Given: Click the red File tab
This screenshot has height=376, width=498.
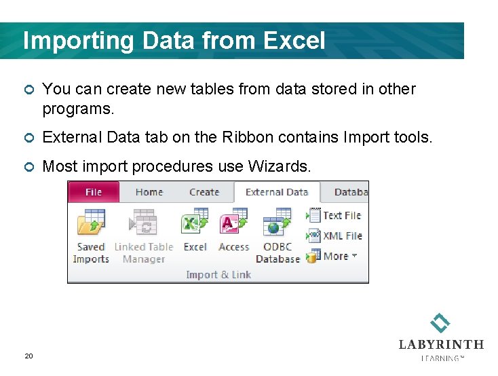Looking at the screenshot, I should [93, 192].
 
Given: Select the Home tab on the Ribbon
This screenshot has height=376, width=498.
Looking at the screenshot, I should [149, 192].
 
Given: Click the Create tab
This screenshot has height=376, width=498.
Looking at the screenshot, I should [204, 192].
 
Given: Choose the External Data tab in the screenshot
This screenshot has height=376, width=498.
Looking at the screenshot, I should [277, 192].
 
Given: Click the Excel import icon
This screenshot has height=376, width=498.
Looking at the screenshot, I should [195, 223].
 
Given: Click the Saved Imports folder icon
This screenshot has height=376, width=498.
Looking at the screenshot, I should [91, 223].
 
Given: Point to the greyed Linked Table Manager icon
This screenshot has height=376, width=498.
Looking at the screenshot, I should [143, 223].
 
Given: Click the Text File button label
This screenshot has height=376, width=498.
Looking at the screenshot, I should [341, 216].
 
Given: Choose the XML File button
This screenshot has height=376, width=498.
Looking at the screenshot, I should [342, 236].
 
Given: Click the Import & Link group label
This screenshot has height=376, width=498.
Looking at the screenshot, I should [218, 275].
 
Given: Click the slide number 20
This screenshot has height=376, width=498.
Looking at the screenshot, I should [28, 356].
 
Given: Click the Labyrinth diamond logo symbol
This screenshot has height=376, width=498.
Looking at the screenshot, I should [440, 323].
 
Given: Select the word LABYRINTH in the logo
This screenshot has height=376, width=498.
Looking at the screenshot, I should [441, 345].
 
